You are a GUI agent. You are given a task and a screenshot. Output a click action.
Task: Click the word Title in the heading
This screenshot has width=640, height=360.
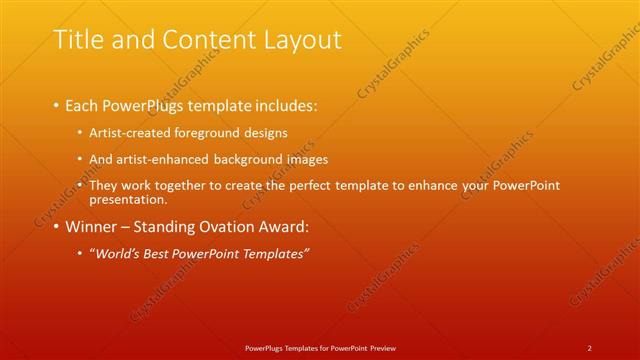[76, 40]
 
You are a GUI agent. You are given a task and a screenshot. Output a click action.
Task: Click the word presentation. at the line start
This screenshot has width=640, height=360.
[127, 199]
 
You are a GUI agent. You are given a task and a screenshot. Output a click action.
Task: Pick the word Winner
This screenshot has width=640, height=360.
[91, 227]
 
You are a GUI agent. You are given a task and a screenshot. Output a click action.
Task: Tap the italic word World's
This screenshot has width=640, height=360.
[117, 254]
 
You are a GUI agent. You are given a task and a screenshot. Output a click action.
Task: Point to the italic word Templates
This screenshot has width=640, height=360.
[270, 254]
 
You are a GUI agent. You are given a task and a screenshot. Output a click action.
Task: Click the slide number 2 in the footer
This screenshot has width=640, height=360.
[590, 347]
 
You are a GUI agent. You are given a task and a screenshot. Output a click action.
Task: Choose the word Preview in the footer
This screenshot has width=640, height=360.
[382, 347]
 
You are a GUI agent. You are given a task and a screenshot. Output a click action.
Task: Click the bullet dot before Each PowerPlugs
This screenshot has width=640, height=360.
[56, 105]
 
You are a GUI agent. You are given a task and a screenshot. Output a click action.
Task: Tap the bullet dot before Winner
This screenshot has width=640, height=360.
[56, 227]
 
